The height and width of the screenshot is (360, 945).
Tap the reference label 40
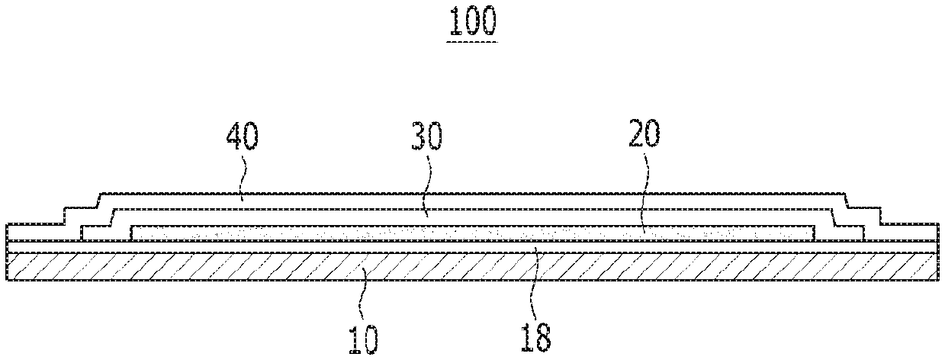(x=242, y=138)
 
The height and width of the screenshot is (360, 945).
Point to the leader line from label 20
(x=645, y=191)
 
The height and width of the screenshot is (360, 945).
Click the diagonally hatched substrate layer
(x=473, y=266)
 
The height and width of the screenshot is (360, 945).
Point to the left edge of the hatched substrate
(x=8, y=266)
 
